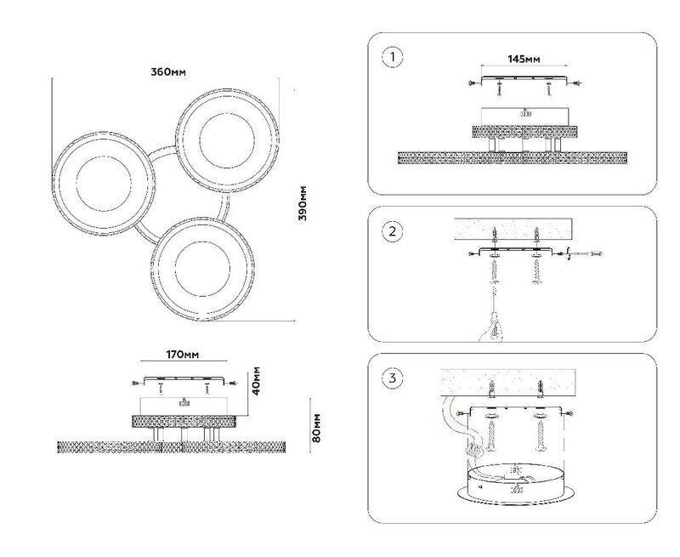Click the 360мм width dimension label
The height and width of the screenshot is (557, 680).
[168, 72]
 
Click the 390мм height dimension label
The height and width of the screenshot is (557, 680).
[303, 203]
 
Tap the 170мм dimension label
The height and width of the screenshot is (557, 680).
[183, 355]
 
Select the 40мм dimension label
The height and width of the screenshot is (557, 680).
[256, 381]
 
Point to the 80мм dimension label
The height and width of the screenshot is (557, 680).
[316, 428]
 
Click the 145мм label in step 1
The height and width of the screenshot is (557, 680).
[524, 59]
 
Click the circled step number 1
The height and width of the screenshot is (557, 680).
[393, 58]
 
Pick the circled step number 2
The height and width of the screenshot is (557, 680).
[393, 231]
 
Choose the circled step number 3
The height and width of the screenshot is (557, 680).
[393, 378]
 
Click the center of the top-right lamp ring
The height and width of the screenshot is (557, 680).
[227, 140]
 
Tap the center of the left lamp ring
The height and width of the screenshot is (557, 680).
[104, 184]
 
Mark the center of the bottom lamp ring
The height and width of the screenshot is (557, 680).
[202, 269]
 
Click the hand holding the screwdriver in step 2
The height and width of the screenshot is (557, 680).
[492, 331]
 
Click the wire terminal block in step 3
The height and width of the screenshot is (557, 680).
[475, 448]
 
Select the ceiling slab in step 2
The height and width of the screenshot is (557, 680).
[513, 230]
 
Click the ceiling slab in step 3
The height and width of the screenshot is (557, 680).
[508, 382]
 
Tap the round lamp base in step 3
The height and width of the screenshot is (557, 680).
[516, 485]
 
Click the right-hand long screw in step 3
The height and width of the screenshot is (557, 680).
[541, 435]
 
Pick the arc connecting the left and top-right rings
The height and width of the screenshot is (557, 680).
[161, 153]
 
